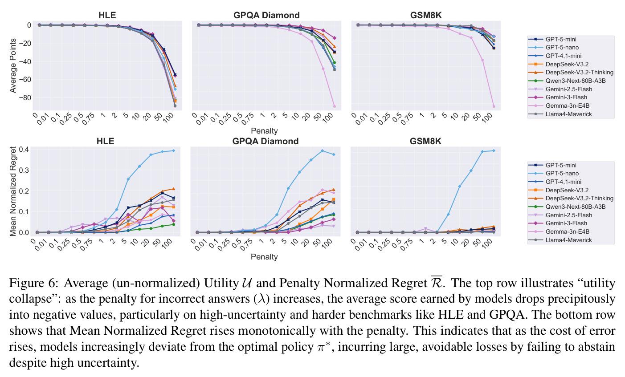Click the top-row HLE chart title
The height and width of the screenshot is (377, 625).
(107, 15)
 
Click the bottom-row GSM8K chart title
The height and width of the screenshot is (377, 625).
(425, 141)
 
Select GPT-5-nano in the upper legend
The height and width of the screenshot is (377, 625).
(562, 48)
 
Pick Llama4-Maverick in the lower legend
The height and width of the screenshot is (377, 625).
(568, 240)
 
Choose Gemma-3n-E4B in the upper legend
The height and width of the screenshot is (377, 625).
(568, 105)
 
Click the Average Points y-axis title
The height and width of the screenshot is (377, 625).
(13, 65)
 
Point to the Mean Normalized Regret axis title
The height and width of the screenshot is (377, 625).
(13, 191)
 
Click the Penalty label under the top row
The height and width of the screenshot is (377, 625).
(264, 131)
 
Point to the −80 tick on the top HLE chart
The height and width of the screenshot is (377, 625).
(25, 98)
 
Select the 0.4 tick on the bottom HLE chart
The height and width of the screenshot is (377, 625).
(24, 149)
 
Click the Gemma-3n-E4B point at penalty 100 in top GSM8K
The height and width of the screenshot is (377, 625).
(494, 106)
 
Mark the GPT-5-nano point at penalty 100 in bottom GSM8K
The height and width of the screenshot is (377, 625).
(494, 150)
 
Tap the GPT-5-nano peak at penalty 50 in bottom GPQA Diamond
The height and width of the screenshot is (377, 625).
(322, 150)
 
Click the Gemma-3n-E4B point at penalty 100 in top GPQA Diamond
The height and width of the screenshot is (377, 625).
(334, 106)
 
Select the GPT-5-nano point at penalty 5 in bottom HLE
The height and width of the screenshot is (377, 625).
(128, 179)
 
